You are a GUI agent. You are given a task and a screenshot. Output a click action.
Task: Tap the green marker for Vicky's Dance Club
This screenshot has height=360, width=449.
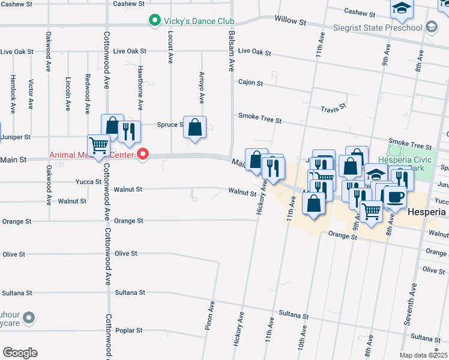point(154,21)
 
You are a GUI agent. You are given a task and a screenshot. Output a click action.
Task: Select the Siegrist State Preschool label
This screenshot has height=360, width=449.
point(381,28)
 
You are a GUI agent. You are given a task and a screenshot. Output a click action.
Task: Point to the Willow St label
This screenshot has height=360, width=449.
point(291,20)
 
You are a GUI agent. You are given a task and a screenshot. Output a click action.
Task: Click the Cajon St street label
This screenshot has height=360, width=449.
point(250,82)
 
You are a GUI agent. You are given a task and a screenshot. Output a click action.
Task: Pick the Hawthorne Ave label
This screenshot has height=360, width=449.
point(140,88)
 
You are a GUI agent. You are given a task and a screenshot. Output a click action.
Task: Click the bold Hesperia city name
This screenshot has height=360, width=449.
point(427,212)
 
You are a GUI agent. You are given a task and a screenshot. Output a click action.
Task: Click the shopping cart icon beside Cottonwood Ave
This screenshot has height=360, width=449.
point(98,145)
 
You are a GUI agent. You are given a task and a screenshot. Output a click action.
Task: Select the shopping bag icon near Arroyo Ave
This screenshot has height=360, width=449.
point(194,127)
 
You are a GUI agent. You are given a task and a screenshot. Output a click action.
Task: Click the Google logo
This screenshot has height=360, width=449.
point(20,353)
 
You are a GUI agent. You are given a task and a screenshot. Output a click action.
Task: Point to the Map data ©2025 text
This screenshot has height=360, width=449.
point(423,355)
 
